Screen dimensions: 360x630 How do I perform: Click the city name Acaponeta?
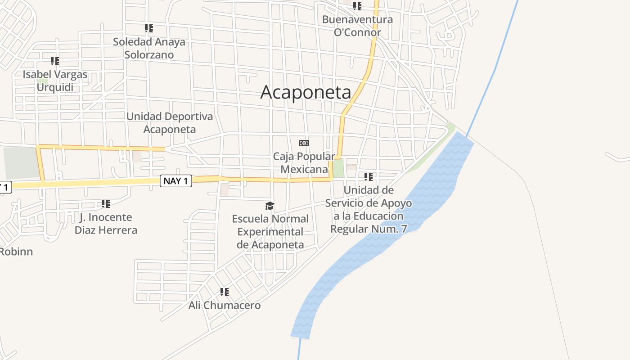click(306, 92)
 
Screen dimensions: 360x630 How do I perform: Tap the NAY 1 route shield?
click(176, 181)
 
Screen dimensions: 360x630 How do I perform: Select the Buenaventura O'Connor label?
click(357, 26)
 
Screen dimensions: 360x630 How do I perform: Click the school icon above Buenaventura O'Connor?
click(357, 6)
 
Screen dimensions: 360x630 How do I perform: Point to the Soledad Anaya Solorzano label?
click(149, 48)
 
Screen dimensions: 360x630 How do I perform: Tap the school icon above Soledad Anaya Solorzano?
click(149, 28)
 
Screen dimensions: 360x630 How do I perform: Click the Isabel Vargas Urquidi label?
click(55, 81)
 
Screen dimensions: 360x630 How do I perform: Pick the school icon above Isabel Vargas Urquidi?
click(55, 61)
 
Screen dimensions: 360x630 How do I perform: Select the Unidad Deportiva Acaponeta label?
click(170, 123)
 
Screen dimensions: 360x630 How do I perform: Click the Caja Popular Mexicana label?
click(304, 162)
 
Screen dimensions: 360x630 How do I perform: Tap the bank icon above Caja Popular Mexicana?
click(304, 143)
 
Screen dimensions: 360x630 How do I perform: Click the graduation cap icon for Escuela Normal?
click(270, 206)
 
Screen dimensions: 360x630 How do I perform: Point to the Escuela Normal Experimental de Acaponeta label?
click(270, 232)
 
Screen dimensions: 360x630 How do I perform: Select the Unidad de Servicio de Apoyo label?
click(369, 209)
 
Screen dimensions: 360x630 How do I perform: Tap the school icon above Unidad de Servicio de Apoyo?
click(369, 177)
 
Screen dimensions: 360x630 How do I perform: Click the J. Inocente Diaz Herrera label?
click(106, 224)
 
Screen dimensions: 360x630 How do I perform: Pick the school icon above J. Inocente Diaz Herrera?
click(106, 204)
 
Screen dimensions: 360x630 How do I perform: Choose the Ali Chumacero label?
click(225, 305)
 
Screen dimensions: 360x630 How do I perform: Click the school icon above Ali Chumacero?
click(225, 292)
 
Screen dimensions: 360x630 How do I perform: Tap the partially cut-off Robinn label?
click(16, 252)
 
